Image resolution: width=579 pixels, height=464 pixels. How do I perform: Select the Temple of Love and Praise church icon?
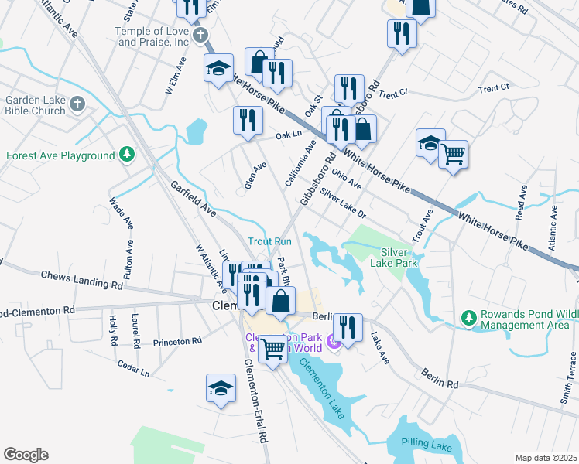pyautogui.click(x=200, y=35)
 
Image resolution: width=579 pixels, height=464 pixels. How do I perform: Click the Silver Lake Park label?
pyautogui.click(x=399, y=258)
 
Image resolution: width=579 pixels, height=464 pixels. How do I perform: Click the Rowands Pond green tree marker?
pyautogui.click(x=468, y=318)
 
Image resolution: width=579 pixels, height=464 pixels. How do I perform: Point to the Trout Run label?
pyautogui.click(x=269, y=241)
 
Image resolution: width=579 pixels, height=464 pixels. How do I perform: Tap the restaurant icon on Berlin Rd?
pyautogui.click(x=348, y=326)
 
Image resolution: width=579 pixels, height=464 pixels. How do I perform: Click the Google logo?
pyautogui.click(x=26, y=455)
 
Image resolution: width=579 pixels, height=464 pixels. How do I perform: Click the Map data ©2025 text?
pyautogui.click(x=546, y=458)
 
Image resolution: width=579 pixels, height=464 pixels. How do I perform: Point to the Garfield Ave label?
pyautogui.click(x=193, y=198)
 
